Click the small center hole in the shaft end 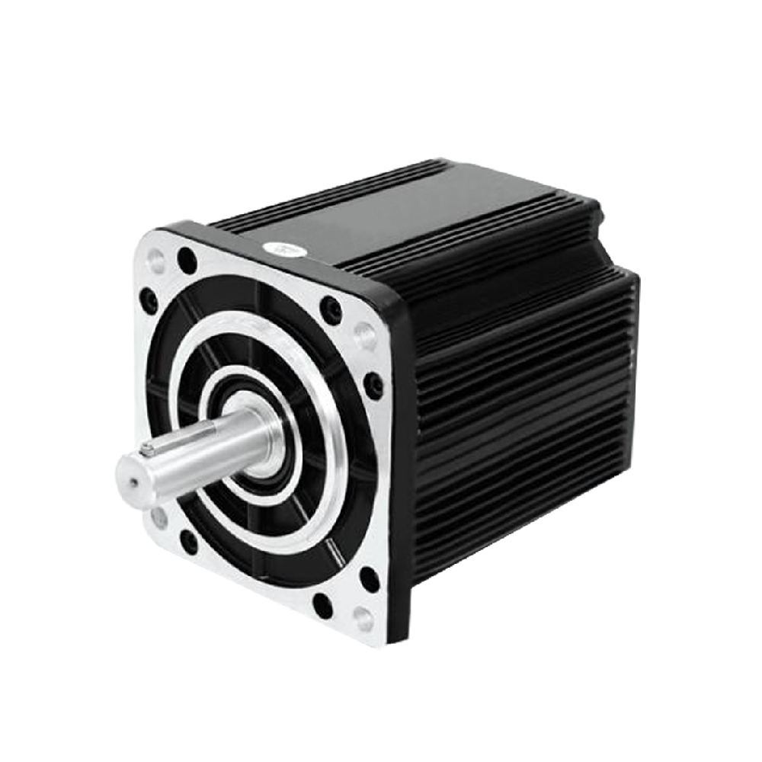pos(134,482)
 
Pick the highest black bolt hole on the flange pos(187,261)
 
